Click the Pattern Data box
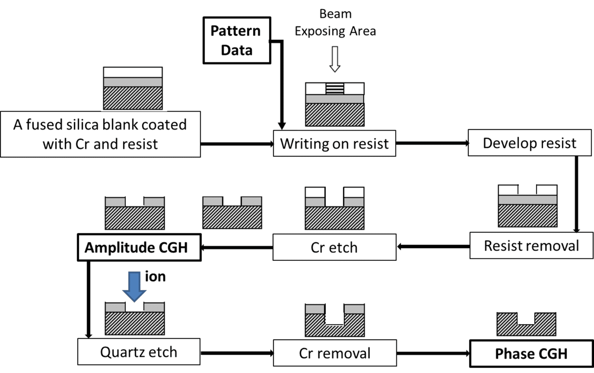pyautogui.click(x=236, y=40)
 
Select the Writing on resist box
pyautogui.click(x=334, y=143)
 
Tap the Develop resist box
pyautogui.click(x=529, y=143)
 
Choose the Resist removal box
pyautogui.click(x=531, y=246)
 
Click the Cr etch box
pyautogui.click(x=334, y=247)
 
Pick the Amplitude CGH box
pyautogui.click(x=139, y=248)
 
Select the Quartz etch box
pyautogui.click(x=139, y=352)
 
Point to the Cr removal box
pyautogui.click(x=334, y=353)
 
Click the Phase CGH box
pyautogui.click(x=531, y=353)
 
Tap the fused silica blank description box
pyautogui.click(x=100, y=134)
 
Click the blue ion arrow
pyautogui.click(x=134, y=286)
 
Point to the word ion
pyautogui.click(x=155, y=277)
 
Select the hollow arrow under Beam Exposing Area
pyautogui.click(x=335, y=59)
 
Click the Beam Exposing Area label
pyautogui.click(x=335, y=23)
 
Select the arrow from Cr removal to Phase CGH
pyautogui.click(x=433, y=353)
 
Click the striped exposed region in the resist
pyautogui.click(x=335, y=89)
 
